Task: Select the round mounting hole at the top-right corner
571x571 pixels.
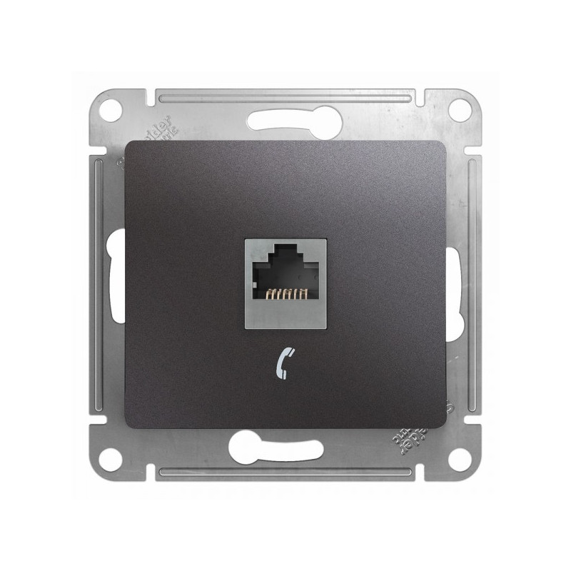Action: (460, 110)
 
